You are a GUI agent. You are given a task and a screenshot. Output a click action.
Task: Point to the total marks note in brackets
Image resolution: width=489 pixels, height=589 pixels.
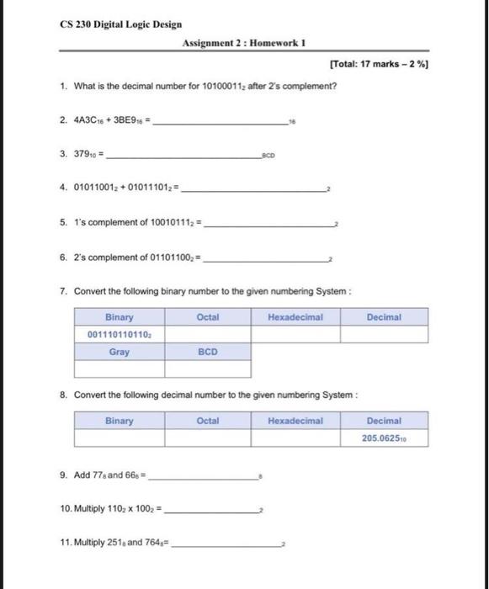(x=380, y=64)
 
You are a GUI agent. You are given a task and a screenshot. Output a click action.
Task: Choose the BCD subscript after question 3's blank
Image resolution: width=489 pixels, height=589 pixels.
(x=269, y=157)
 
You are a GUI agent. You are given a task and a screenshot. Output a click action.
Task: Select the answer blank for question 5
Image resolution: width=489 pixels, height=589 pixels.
(x=269, y=225)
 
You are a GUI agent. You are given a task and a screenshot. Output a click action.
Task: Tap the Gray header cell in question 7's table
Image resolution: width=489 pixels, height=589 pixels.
(x=120, y=353)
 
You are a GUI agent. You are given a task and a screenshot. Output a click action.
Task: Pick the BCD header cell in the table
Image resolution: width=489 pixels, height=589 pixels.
(x=208, y=353)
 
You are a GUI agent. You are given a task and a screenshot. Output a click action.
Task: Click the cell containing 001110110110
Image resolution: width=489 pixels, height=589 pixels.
(x=120, y=335)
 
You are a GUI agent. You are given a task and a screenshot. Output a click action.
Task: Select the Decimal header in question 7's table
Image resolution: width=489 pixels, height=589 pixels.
(x=384, y=317)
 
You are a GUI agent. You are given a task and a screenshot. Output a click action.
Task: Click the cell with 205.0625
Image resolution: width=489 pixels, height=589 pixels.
(x=385, y=438)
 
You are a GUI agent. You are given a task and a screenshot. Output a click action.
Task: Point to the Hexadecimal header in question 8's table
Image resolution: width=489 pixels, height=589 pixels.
(x=295, y=421)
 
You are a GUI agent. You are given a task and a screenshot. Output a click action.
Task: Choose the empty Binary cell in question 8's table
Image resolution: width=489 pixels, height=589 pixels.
(x=120, y=438)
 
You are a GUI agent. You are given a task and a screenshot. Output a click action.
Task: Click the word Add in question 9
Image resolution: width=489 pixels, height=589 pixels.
(x=82, y=475)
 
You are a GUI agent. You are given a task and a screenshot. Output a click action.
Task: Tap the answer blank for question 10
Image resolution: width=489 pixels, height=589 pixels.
(x=215, y=510)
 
